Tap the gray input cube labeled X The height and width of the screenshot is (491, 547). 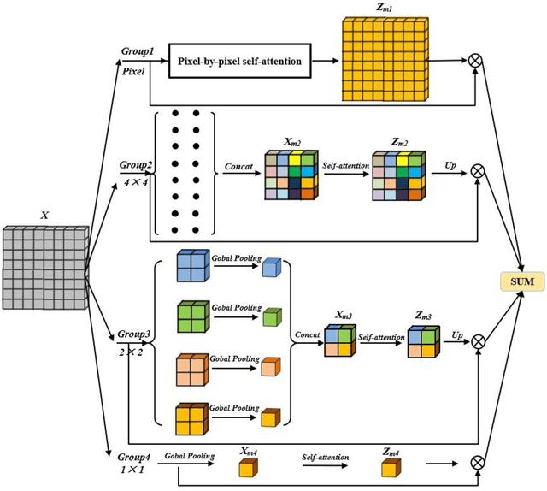(x=44, y=266)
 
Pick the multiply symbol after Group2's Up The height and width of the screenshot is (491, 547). (x=478, y=171)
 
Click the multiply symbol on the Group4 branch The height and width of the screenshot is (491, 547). (x=477, y=462)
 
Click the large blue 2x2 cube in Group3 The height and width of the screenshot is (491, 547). (x=192, y=267)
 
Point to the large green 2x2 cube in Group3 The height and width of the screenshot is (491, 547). (x=192, y=316)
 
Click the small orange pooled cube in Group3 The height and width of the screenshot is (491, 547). (x=270, y=368)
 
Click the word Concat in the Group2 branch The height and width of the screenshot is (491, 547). (x=239, y=166)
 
